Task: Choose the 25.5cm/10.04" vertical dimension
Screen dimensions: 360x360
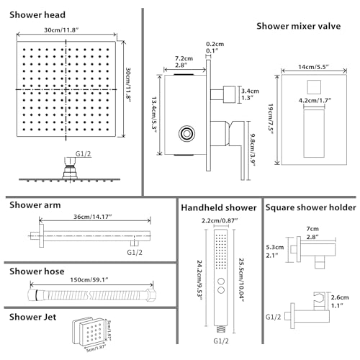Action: pos(250,274)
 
